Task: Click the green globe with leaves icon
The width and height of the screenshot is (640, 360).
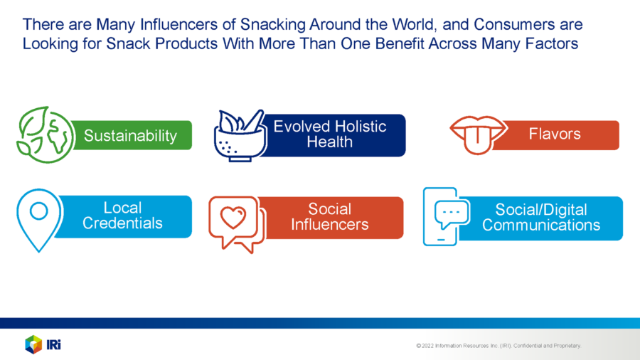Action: point(45,134)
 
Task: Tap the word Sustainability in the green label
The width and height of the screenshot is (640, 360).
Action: point(130,136)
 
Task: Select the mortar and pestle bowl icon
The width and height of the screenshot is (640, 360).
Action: point(240,135)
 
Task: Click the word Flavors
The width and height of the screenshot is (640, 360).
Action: point(555,134)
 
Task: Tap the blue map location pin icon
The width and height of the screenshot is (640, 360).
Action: point(40,220)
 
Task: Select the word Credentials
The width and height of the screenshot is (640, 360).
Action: point(122,223)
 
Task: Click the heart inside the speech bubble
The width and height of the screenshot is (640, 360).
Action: point(233,217)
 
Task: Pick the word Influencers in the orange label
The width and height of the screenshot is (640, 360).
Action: point(329,225)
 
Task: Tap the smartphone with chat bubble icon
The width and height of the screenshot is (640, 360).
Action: point(446,216)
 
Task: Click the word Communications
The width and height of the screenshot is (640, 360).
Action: point(541,226)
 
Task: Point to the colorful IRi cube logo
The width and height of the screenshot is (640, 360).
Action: point(33,344)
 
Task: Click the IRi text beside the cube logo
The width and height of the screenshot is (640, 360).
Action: point(53,345)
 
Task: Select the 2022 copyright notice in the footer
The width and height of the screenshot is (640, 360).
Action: point(498,346)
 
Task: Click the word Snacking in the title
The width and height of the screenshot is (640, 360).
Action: point(272,24)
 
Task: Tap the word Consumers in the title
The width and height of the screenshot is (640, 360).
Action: point(514,24)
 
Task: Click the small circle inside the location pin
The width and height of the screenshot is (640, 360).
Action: point(39,211)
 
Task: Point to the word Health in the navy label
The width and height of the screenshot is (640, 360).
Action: point(329,142)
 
